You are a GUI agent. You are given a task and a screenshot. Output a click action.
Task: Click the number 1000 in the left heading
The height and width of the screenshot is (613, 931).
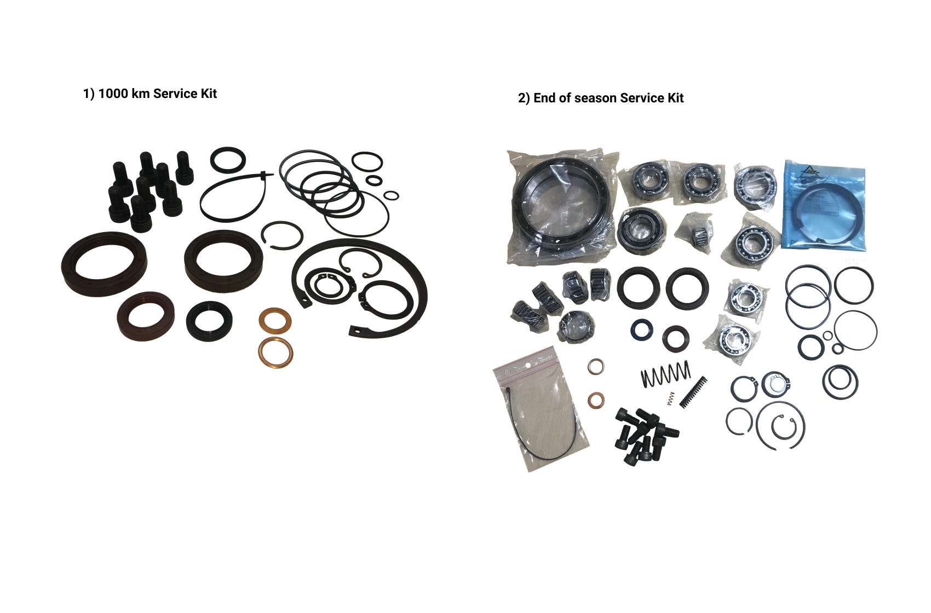point(114,94)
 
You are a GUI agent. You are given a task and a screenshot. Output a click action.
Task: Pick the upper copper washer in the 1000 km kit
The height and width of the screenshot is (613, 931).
point(274,320)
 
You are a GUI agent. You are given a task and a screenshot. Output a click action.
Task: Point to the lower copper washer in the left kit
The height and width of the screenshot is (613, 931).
point(275,352)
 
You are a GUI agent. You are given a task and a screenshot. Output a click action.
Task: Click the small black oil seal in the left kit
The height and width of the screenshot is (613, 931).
point(209,321)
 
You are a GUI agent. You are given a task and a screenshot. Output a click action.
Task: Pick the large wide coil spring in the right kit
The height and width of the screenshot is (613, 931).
point(665,374)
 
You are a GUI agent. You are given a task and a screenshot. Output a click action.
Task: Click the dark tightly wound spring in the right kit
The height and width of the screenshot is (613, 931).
point(693,391)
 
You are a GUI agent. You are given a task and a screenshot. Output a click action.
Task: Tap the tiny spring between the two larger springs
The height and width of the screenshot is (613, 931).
point(670,398)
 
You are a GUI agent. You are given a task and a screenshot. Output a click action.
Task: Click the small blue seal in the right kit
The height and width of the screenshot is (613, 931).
point(641,329)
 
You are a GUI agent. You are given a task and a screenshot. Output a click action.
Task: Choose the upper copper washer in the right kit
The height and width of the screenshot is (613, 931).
point(596,367)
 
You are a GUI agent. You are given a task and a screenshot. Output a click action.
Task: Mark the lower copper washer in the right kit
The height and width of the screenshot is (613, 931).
point(596,400)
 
